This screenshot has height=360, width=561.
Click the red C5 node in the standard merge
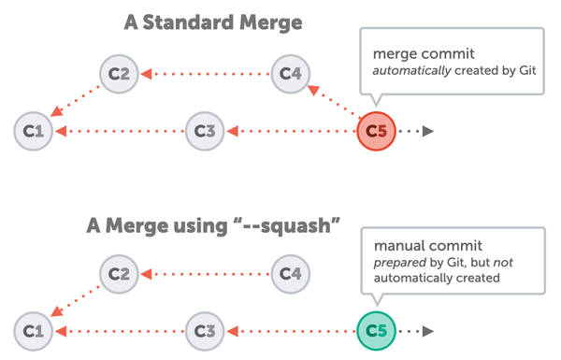[x=376, y=130]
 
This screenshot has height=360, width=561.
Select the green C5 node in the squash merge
[x=376, y=329]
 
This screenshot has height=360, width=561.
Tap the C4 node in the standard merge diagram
[x=290, y=74]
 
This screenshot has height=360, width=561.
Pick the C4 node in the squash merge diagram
[x=290, y=274]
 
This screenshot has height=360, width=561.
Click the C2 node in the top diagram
[x=119, y=74]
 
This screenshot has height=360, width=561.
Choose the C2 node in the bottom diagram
[x=119, y=274]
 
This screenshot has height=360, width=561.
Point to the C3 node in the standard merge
[x=205, y=130]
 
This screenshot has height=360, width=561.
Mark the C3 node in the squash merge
[x=205, y=329]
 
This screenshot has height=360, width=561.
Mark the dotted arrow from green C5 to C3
[x=290, y=329]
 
